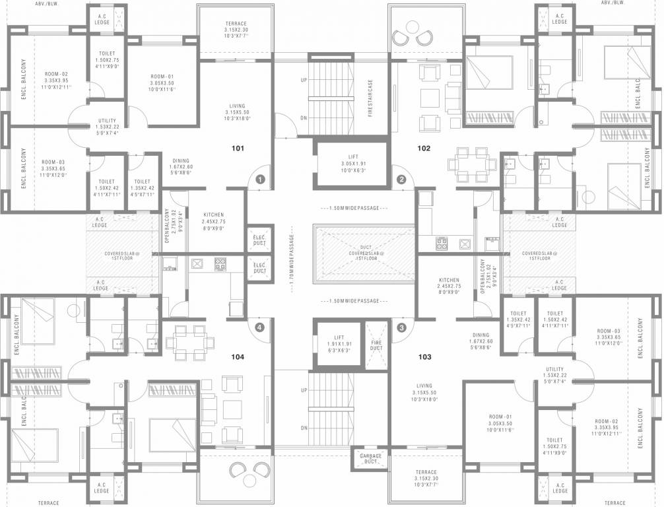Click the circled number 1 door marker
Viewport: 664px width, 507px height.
coord(260,179)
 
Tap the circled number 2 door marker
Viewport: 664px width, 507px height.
coord(401,179)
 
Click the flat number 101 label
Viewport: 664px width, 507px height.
coord(238,148)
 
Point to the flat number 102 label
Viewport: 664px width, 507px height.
coord(424,148)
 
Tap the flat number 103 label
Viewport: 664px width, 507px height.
coord(424,357)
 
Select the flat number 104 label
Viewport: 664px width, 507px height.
coord(238,357)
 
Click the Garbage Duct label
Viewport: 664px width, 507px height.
coord(371,459)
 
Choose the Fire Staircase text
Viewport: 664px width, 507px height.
coord(370,98)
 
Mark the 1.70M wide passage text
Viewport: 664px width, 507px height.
coord(290,257)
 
